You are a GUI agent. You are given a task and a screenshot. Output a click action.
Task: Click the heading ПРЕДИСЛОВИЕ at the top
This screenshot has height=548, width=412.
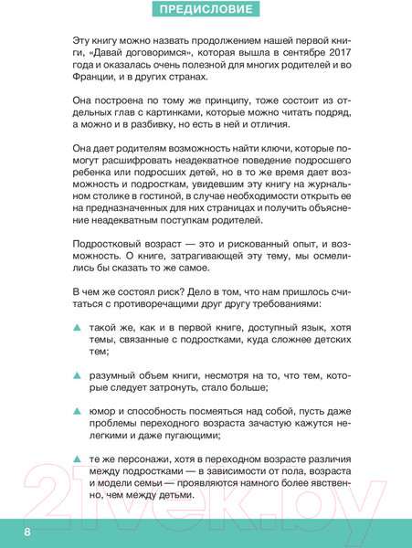click(x=206, y=12)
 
